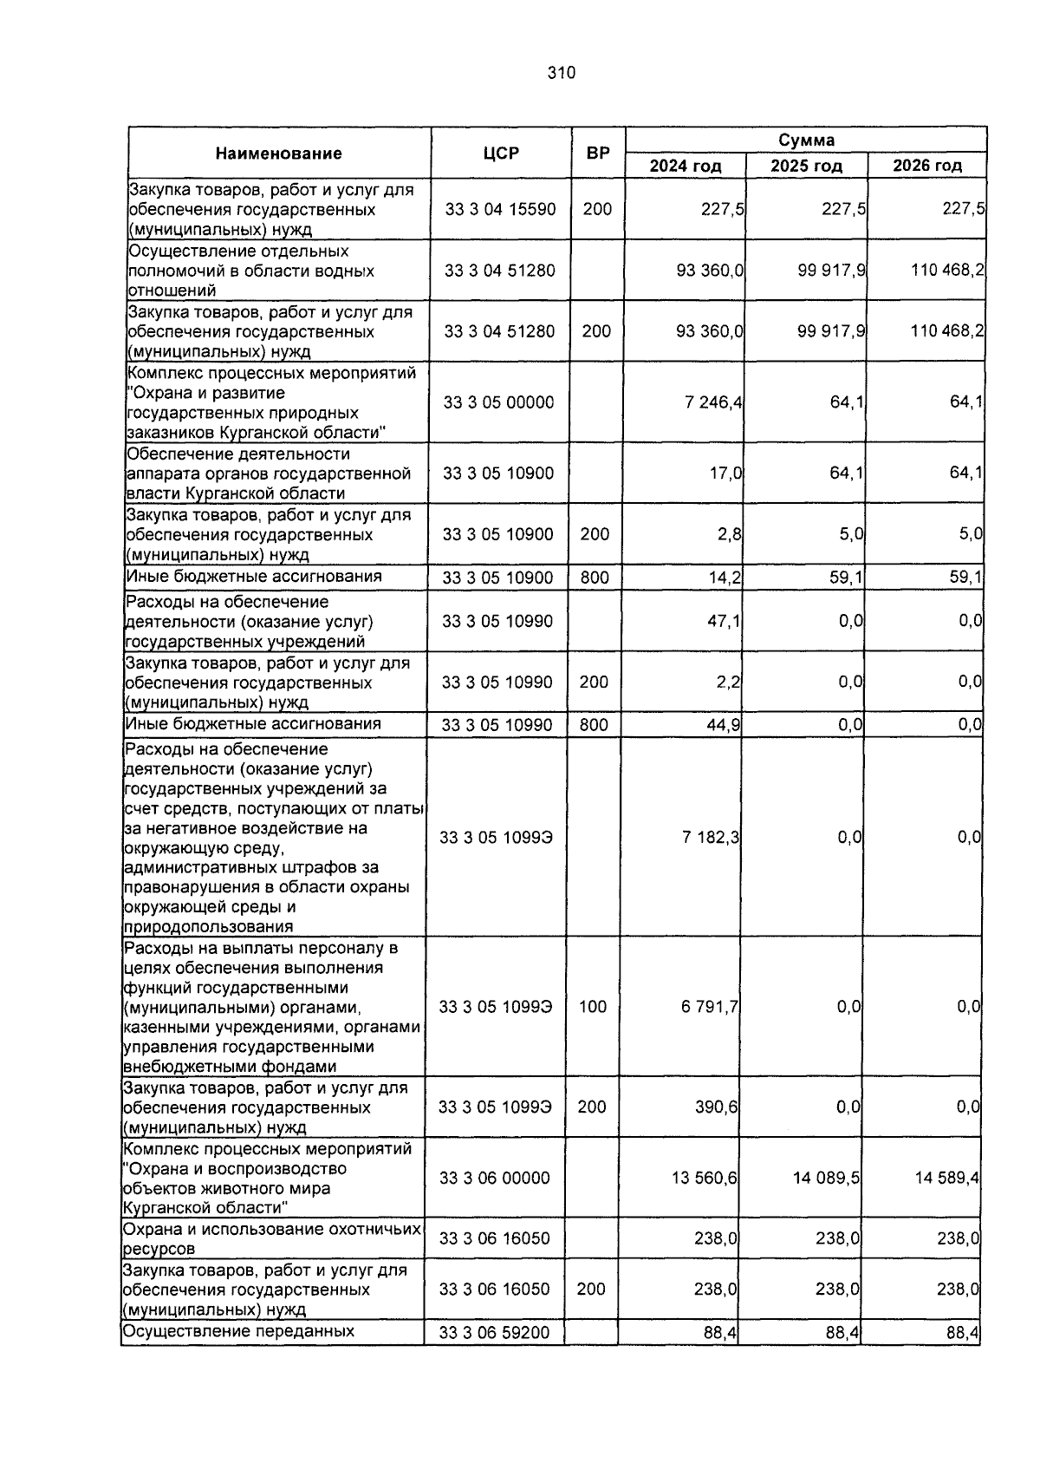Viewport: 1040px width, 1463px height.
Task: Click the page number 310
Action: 561,73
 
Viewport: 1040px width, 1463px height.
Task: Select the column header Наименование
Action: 278,153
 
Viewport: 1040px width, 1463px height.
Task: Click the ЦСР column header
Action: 501,153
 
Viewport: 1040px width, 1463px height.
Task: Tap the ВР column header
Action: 597,153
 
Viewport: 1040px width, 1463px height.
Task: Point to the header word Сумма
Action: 805,140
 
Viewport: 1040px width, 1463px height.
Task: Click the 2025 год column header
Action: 805,166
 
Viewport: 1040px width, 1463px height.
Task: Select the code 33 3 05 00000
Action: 498,402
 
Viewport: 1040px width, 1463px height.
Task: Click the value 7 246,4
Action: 713,402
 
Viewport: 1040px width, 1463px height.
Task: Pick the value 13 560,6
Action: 709,1178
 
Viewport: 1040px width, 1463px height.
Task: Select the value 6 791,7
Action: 710,1007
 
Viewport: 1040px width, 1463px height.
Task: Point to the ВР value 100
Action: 592,1007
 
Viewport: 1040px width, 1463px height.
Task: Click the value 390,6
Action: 717,1107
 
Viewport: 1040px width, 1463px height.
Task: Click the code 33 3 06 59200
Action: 494,1332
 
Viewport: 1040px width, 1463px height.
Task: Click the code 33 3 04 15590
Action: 500,209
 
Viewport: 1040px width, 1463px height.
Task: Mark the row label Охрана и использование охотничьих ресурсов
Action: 271,1238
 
